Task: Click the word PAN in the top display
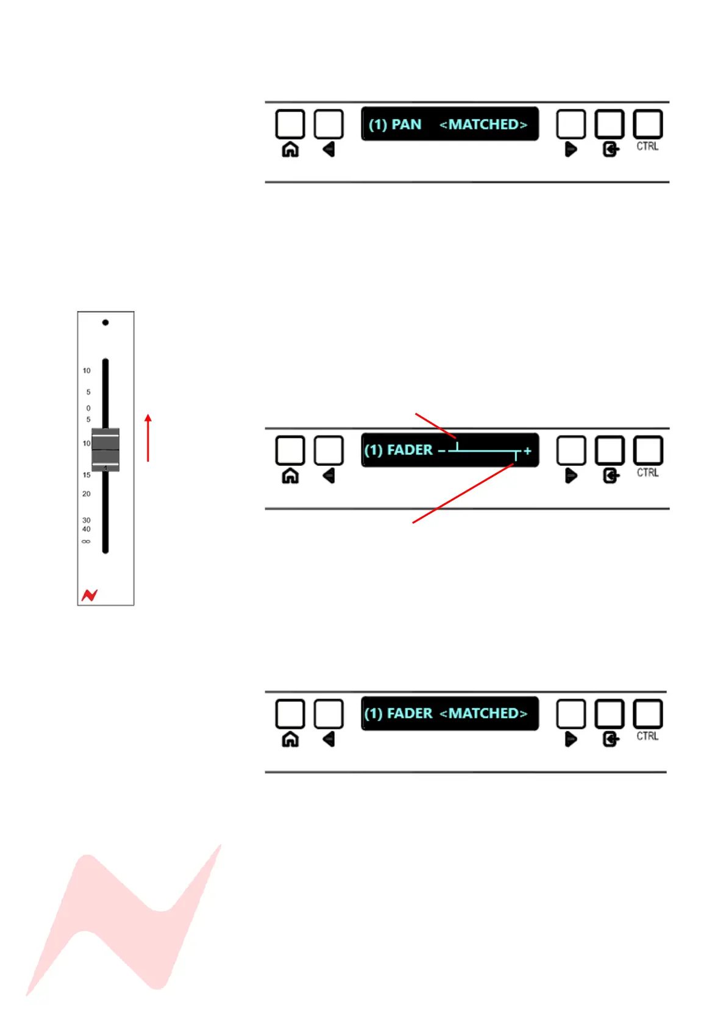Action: point(406,124)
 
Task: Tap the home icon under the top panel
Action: point(290,149)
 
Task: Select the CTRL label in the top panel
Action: point(647,146)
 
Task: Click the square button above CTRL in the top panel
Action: point(647,124)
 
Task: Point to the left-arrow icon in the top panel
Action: point(329,149)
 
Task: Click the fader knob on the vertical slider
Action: point(105,449)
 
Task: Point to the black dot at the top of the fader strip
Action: point(105,322)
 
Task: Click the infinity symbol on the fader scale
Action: point(86,542)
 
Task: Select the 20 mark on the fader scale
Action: point(86,494)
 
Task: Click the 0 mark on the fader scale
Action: point(88,408)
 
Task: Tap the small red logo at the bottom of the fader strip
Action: point(90,595)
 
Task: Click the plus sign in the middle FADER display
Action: point(527,451)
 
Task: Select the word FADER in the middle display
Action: point(410,450)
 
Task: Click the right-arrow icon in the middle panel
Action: point(571,476)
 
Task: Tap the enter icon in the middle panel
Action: point(610,476)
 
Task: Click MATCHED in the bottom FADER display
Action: point(488,713)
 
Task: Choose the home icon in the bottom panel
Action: point(290,739)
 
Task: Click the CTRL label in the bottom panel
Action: point(647,736)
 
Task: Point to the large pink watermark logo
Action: point(122,921)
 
